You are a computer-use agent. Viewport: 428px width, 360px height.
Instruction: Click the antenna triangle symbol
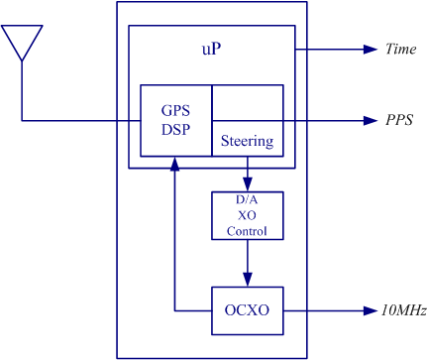[x=22, y=27]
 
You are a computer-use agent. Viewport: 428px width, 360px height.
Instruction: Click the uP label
[x=211, y=49]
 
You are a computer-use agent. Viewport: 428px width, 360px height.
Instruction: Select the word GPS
[x=175, y=110]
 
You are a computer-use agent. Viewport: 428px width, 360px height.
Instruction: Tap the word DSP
[x=175, y=129]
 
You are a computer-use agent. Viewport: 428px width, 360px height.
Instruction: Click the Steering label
[x=247, y=141]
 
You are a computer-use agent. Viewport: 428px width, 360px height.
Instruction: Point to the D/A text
[x=247, y=199]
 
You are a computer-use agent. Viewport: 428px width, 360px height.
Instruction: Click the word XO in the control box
[x=247, y=215]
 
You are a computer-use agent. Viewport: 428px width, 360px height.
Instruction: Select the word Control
[x=247, y=231]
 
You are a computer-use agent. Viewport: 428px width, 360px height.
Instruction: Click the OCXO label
[x=247, y=310]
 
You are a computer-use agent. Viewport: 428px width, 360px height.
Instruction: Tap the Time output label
[x=400, y=49]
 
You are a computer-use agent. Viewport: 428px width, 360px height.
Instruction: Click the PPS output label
[x=399, y=120]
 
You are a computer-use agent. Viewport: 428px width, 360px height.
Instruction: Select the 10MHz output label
[x=404, y=310]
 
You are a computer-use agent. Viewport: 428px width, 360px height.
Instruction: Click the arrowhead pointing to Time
[x=371, y=50]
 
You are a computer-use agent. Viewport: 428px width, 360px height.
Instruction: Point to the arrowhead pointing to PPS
[x=371, y=121]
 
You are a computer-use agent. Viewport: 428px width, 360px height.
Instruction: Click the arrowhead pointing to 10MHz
[x=371, y=310]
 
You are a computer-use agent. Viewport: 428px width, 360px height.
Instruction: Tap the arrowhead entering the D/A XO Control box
[x=248, y=184]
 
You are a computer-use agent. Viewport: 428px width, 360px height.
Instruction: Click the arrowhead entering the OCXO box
[x=248, y=280]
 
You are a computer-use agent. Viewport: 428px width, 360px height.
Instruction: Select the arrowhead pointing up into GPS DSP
[x=175, y=164]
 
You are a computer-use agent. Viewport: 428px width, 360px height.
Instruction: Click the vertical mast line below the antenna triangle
[x=22, y=90]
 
